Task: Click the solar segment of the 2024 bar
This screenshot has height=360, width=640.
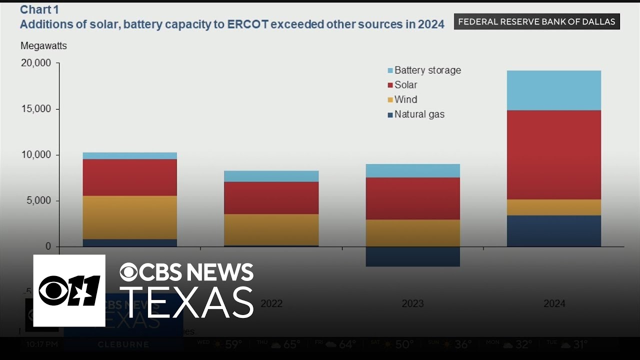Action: (554, 154)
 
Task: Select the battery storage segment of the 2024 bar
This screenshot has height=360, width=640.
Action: (554, 90)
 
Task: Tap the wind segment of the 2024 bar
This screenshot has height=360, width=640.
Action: (554, 207)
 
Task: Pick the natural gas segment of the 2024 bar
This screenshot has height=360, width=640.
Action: (554, 231)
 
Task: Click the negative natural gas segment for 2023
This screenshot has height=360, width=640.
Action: (412, 256)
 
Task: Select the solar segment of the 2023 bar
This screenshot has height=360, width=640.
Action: (412, 198)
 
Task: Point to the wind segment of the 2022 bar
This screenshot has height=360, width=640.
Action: (271, 229)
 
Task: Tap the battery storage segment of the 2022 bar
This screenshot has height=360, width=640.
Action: (271, 176)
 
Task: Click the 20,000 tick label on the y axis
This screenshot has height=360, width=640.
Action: (35, 63)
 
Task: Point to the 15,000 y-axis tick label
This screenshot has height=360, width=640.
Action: (35, 109)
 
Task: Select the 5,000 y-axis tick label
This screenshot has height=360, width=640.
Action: (38, 201)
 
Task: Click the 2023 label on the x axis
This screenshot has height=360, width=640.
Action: (412, 303)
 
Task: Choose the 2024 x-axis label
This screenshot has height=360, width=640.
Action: (554, 303)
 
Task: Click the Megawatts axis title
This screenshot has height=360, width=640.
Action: (43, 46)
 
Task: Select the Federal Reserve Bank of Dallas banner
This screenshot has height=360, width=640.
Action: (536, 21)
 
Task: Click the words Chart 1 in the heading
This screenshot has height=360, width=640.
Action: (35, 9)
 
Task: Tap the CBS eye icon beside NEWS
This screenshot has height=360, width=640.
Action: (128, 272)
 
